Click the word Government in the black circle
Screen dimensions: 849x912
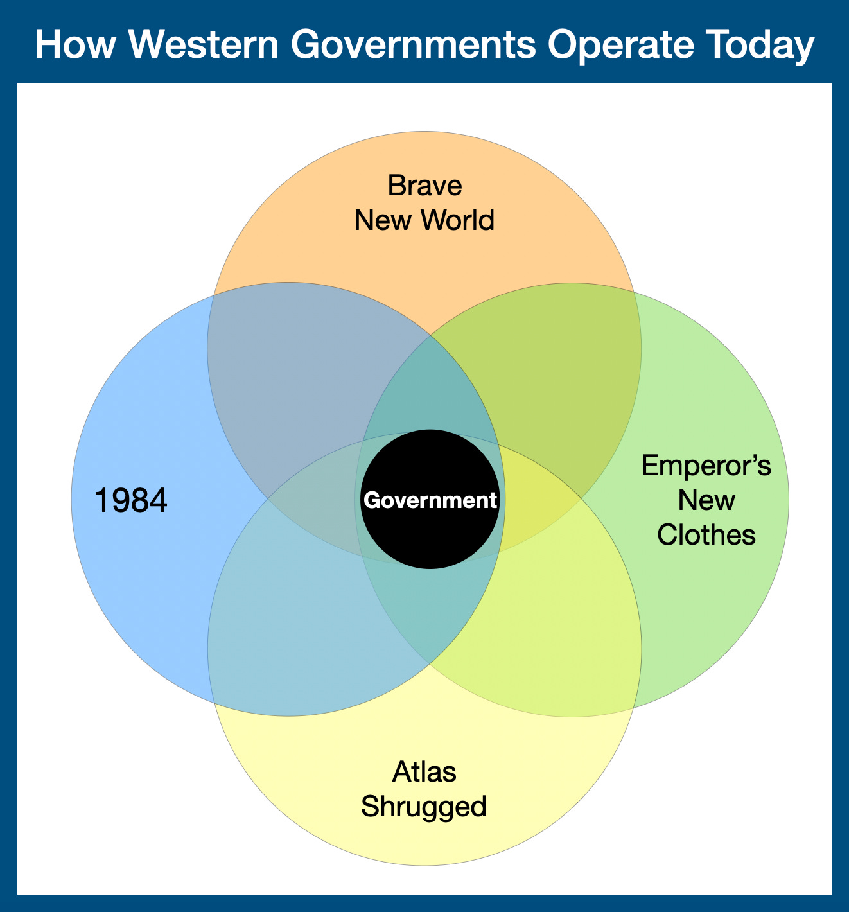[x=430, y=500]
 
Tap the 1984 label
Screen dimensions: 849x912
[x=131, y=501]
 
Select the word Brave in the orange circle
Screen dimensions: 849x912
[x=424, y=186]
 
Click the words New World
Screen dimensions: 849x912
[x=424, y=220]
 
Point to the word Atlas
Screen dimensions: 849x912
[x=424, y=771]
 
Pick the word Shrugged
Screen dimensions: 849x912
[x=424, y=806]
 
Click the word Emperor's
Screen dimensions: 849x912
[x=706, y=466]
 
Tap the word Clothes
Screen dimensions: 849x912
[x=706, y=534]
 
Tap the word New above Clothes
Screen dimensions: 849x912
[x=706, y=500]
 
